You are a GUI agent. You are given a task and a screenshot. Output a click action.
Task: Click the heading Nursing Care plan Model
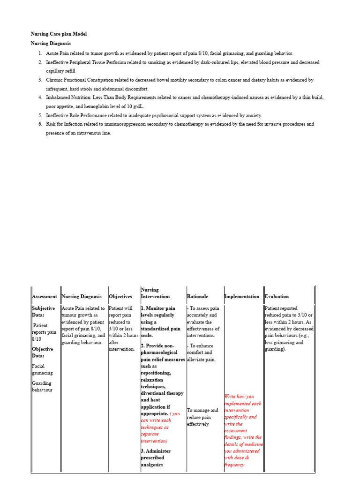(59, 34)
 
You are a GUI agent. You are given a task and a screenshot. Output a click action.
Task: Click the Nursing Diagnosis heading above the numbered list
(51, 43)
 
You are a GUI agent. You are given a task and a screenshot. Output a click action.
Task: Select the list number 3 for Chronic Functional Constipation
(40, 80)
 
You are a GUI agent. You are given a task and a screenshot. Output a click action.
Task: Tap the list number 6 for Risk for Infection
(40, 124)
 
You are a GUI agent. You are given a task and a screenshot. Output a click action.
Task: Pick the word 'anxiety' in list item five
(253, 115)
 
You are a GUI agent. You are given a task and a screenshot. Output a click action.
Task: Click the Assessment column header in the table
(45, 297)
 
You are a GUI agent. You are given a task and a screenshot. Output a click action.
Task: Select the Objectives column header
(120, 297)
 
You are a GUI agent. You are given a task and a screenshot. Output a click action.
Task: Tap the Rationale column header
(197, 297)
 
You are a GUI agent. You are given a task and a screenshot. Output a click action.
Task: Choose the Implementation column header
(242, 297)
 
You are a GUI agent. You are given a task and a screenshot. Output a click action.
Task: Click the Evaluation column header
(277, 297)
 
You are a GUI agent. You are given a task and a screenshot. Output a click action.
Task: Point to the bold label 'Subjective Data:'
(43, 312)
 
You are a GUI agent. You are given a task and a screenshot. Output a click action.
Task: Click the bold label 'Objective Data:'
(42, 352)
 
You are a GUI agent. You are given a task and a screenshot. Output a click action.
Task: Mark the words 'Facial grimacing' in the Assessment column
(42, 369)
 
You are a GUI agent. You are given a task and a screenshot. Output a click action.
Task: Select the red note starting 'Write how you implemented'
(243, 430)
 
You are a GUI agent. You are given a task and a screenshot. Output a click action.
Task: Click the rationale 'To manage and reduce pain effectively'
(202, 417)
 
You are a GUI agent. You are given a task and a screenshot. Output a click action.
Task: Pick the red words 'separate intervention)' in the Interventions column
(155, 437)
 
